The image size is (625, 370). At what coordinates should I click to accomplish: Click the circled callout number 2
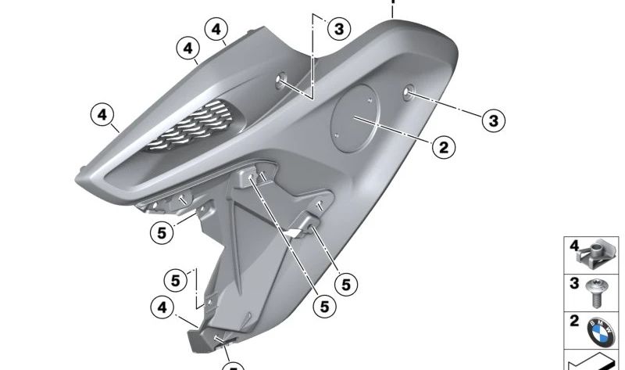coord(444,147)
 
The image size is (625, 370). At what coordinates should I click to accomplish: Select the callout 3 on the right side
coord(494,120)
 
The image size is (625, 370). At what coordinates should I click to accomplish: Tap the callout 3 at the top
coord(339,29)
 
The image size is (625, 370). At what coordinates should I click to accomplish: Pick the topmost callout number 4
coord(216,29)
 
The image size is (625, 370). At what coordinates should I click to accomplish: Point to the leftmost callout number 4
coord(102,114)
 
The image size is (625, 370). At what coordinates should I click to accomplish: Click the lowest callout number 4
coord(162,307)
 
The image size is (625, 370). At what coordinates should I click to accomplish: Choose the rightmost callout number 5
coord(346,285)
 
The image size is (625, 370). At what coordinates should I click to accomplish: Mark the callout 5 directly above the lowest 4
coord(176,281)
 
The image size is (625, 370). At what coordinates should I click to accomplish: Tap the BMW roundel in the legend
coord(601,332)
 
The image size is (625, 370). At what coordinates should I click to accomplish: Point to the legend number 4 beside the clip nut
coord(573,246)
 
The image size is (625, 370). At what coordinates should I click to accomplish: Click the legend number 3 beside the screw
coord(574,283)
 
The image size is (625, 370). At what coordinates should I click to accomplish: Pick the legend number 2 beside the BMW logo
coord(574,321)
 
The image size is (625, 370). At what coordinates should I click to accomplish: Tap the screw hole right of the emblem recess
coord(408,93)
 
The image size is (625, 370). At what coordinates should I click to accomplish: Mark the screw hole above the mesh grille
coord(281,80)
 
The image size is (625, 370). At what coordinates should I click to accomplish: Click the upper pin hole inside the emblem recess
coord(370,99)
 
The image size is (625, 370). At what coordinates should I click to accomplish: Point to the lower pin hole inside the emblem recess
coord(337,135)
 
